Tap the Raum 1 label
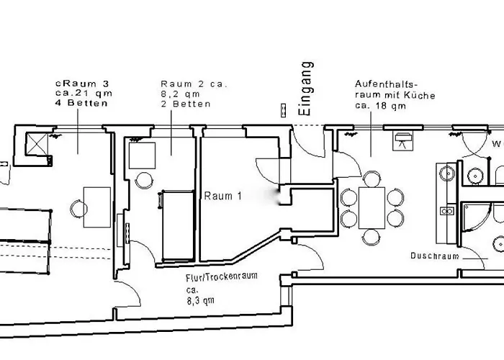[x=222, y=196]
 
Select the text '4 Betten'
[x=84, y=104]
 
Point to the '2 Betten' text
[x=186, y=104]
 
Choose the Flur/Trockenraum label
[x=222, y=276]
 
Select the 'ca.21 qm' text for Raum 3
[x=84, y=94]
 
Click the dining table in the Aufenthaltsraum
[x=372, y=207]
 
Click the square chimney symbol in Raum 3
[x=37, y=145]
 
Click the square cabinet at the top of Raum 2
[x=143, y=156]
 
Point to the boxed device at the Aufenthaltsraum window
[x=401, y=140]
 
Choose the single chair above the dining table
[x=372, y=177]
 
